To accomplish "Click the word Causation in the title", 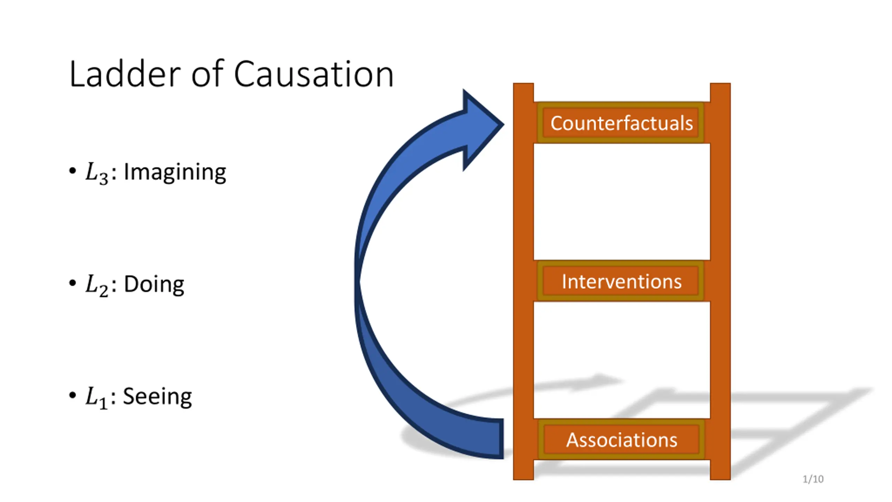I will point(313,74).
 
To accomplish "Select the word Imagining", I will point(175,172).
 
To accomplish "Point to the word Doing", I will point(154,284).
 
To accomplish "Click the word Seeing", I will point(157,396).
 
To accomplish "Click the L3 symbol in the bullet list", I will point(96,173).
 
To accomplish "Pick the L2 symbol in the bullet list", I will point(96,285).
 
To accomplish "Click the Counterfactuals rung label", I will point(621,123).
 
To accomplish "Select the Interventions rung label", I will point(621,281).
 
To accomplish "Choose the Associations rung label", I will point(622,440).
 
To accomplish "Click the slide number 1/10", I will point(813,479).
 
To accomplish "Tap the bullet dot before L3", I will point(72,171).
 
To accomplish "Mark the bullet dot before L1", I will point(72,395).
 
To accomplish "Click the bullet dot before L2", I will point(72,283).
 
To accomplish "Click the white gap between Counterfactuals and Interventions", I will point(621,201).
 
